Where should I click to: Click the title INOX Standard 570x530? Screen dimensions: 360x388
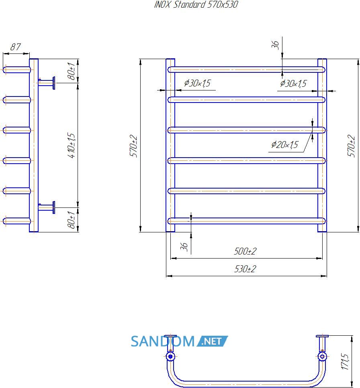[196, 4]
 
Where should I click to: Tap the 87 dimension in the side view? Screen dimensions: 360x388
[15, 47]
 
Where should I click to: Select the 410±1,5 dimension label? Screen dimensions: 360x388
[71, 146]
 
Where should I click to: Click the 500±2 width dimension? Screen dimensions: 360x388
[245, 251]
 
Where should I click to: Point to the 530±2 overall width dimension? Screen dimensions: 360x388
[245, 269]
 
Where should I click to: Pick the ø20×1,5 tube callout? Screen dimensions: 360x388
[285, 144]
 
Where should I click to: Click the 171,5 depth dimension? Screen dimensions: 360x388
[345, 361]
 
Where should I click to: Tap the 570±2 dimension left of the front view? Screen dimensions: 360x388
[133, 146]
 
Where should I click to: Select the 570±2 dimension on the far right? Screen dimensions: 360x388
[351, 146]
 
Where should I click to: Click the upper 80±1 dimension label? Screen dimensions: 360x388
[71, 71]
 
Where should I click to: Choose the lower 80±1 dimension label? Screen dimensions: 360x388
[71, 220]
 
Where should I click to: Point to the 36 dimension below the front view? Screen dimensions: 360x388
[184, 246]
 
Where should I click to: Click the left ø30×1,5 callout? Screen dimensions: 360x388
[197, 83]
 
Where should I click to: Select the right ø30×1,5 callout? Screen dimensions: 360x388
[293, 83]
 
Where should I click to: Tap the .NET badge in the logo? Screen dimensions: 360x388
[212, 341]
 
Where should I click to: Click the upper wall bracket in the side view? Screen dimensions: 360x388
[47, 83]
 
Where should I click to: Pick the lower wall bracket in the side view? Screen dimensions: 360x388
[47, 207]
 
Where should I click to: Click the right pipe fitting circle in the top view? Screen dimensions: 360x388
[322, 357]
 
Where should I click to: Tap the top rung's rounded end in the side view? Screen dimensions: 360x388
[4, 70]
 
